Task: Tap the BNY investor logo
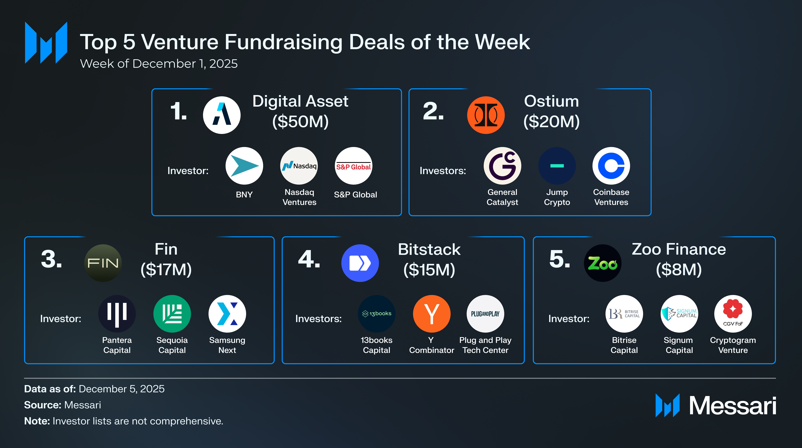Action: tap(244, 166)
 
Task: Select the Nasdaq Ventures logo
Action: tap(299, 166)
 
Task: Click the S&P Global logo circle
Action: tap(353, 166)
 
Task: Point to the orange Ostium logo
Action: tap(486, 115)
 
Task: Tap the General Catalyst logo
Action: tap(502, 166)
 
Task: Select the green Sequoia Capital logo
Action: tap(172, 314)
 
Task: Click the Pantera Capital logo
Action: tap(117, 314)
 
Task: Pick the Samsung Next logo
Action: tap(227, 314)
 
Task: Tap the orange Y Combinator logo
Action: tap(431, 314)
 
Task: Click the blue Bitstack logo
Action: tap(360, 263)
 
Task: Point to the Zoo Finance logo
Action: tap(602, 263)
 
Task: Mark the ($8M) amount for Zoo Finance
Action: tap(679, 270)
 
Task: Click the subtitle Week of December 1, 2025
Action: tap(159, 64)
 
